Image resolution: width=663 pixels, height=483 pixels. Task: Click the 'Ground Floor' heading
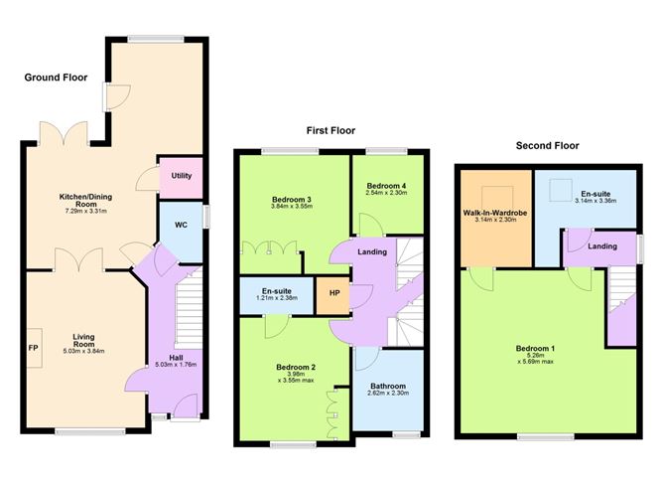(56, 78)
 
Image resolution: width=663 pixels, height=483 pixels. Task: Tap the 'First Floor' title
(331, 130)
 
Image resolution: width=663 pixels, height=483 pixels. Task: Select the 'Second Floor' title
(547, 146)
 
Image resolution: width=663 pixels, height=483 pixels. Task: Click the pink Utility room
(181, 178)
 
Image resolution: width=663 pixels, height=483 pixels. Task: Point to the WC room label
(181, 225)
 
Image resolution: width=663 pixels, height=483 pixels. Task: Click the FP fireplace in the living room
(35, 348)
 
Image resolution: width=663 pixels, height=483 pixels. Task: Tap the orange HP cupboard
(333, 295)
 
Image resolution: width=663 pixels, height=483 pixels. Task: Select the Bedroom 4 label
(386, 186)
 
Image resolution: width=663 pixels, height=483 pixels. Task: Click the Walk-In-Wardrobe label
(495, 213)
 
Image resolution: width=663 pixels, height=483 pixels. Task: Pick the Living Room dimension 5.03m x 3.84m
(83, 351)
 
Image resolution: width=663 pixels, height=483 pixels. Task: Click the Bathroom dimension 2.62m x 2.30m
(388, 393)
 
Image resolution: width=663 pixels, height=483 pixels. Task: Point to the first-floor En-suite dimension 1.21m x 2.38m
(277, 298)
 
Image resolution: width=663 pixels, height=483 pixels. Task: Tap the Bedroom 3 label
(292, 200)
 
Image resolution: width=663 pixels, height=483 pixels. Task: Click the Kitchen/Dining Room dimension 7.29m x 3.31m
(85, 211)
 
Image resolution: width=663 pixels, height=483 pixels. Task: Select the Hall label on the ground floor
(176, 358)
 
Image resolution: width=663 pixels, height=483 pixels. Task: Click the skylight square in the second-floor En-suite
(561, 190)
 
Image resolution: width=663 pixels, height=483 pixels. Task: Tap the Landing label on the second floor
(602, 245)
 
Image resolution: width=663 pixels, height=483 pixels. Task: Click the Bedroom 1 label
(535, 349)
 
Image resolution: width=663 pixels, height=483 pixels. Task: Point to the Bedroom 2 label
(296, 367)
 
